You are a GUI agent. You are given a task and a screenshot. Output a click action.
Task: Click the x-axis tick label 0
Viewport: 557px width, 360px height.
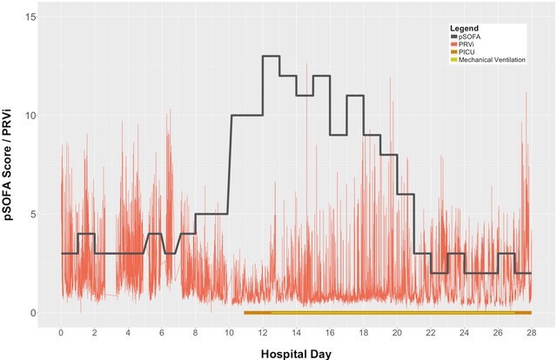[x=61, y=332]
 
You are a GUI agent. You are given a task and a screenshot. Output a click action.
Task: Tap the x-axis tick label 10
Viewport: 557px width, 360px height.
[x=229, y=332]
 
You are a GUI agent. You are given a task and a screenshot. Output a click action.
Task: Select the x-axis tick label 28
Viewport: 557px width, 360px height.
[x=530, y=332]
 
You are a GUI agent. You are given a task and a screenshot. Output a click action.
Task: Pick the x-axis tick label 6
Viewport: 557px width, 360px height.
[x=162, y=332]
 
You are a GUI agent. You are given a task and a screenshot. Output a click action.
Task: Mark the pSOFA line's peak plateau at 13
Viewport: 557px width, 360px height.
[x=271, y=56]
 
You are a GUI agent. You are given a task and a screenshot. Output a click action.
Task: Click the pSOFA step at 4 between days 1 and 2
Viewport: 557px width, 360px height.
[x=85, y=233]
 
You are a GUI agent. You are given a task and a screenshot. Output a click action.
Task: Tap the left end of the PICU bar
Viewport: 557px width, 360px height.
[x=245, y=312]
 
